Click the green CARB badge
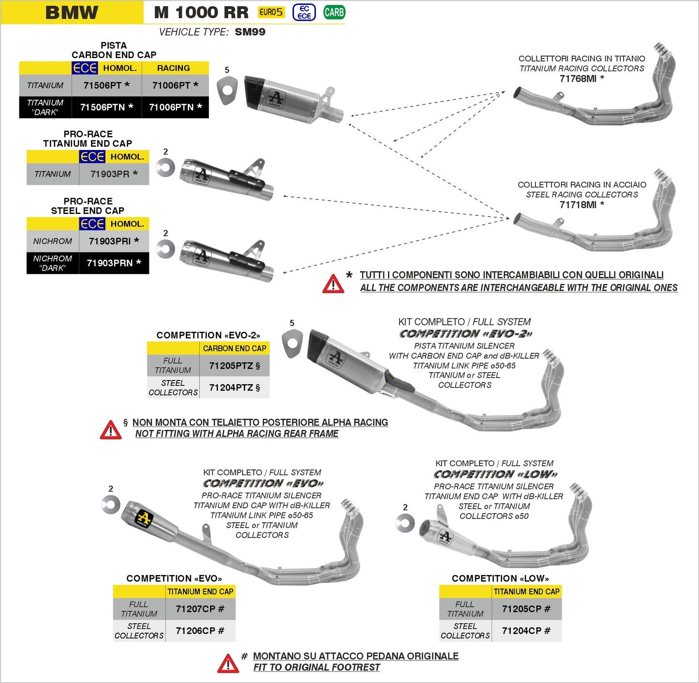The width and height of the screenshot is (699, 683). (334, 12)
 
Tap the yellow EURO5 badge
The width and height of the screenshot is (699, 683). (271, 12)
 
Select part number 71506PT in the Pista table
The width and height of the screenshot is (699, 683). (106, 85)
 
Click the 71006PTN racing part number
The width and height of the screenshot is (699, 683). (175, 107)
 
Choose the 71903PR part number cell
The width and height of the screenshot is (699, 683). (114, 174)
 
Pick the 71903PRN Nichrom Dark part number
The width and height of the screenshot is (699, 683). (114, 263)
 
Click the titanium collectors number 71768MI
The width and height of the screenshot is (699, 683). (581, 78)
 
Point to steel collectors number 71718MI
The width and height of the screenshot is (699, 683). (581, 205)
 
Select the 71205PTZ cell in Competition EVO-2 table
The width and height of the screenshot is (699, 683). (234, 366)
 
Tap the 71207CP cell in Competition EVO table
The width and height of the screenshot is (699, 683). (200, 609)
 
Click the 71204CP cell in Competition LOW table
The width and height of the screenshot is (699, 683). (526, 631)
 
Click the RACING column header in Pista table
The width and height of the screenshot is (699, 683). (173, 68)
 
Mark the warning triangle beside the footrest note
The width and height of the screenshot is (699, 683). (228, 664)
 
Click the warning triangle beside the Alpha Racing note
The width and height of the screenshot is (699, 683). (110, 430)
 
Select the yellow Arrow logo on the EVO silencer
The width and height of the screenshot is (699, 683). (143, 518)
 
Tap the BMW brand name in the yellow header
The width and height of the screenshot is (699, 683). (72, 13)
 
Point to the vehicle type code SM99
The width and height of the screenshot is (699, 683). (250, 32)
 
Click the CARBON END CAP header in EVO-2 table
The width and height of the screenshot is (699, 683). (234, 349)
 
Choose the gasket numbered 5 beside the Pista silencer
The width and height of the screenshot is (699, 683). (227, 90)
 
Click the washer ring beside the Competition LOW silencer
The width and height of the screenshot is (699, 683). (405, 523)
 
